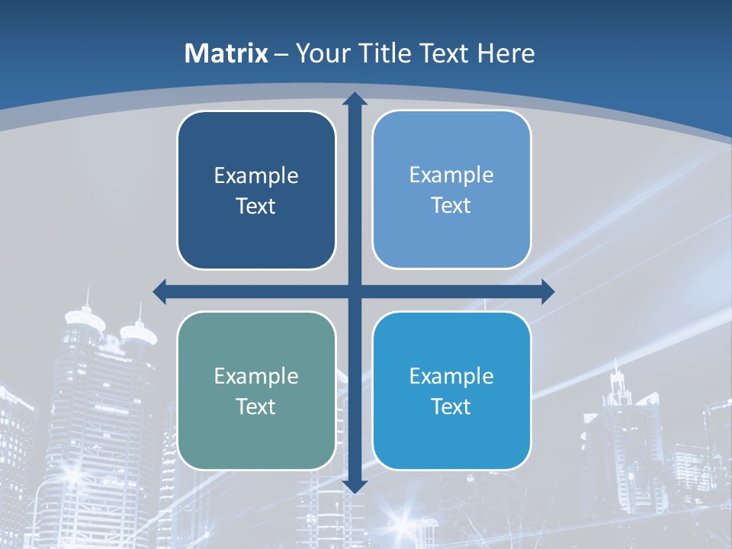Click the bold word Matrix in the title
click(x=226, y=53)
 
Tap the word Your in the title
click(x=320, y=53)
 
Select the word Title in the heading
click(x=381, y=53)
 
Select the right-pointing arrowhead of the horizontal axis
click(x=547, y=291)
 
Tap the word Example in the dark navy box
click(x=256, y=176)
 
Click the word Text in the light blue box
click(x=451, y=206)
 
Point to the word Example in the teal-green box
click(x=256, y=377)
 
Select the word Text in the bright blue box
click(x=451, y=406)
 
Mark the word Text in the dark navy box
click(x=256, y=207)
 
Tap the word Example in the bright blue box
click(x=451, y=377)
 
